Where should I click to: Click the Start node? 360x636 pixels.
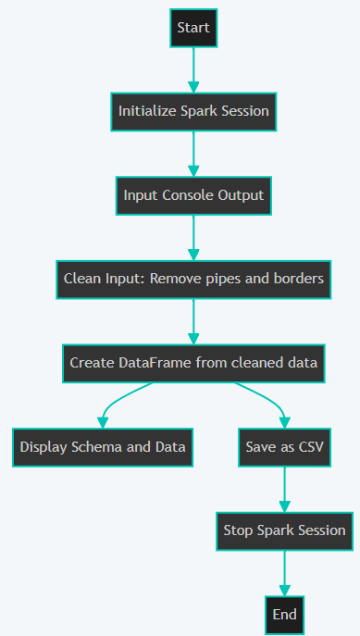[193, 28]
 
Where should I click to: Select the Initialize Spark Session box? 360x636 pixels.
[193, 111]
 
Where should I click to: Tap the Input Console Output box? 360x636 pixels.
[193, 195]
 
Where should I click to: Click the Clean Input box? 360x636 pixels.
[193, 279]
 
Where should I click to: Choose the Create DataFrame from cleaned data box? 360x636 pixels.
[193, 363]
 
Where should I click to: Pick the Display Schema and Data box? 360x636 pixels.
[102, 446]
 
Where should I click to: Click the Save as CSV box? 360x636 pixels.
[284, 446]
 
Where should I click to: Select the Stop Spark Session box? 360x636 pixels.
[284, 530]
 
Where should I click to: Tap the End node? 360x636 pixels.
[284, 614]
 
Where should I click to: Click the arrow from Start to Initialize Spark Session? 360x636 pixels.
[193, 69]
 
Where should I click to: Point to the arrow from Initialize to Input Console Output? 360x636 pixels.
[193, 153]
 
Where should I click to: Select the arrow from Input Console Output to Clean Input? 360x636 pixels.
[193, 237]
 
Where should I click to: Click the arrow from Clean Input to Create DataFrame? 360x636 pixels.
[193, 320]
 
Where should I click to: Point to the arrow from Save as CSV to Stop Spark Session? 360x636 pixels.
[284, 488]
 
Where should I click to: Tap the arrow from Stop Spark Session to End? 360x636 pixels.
[284, 572]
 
